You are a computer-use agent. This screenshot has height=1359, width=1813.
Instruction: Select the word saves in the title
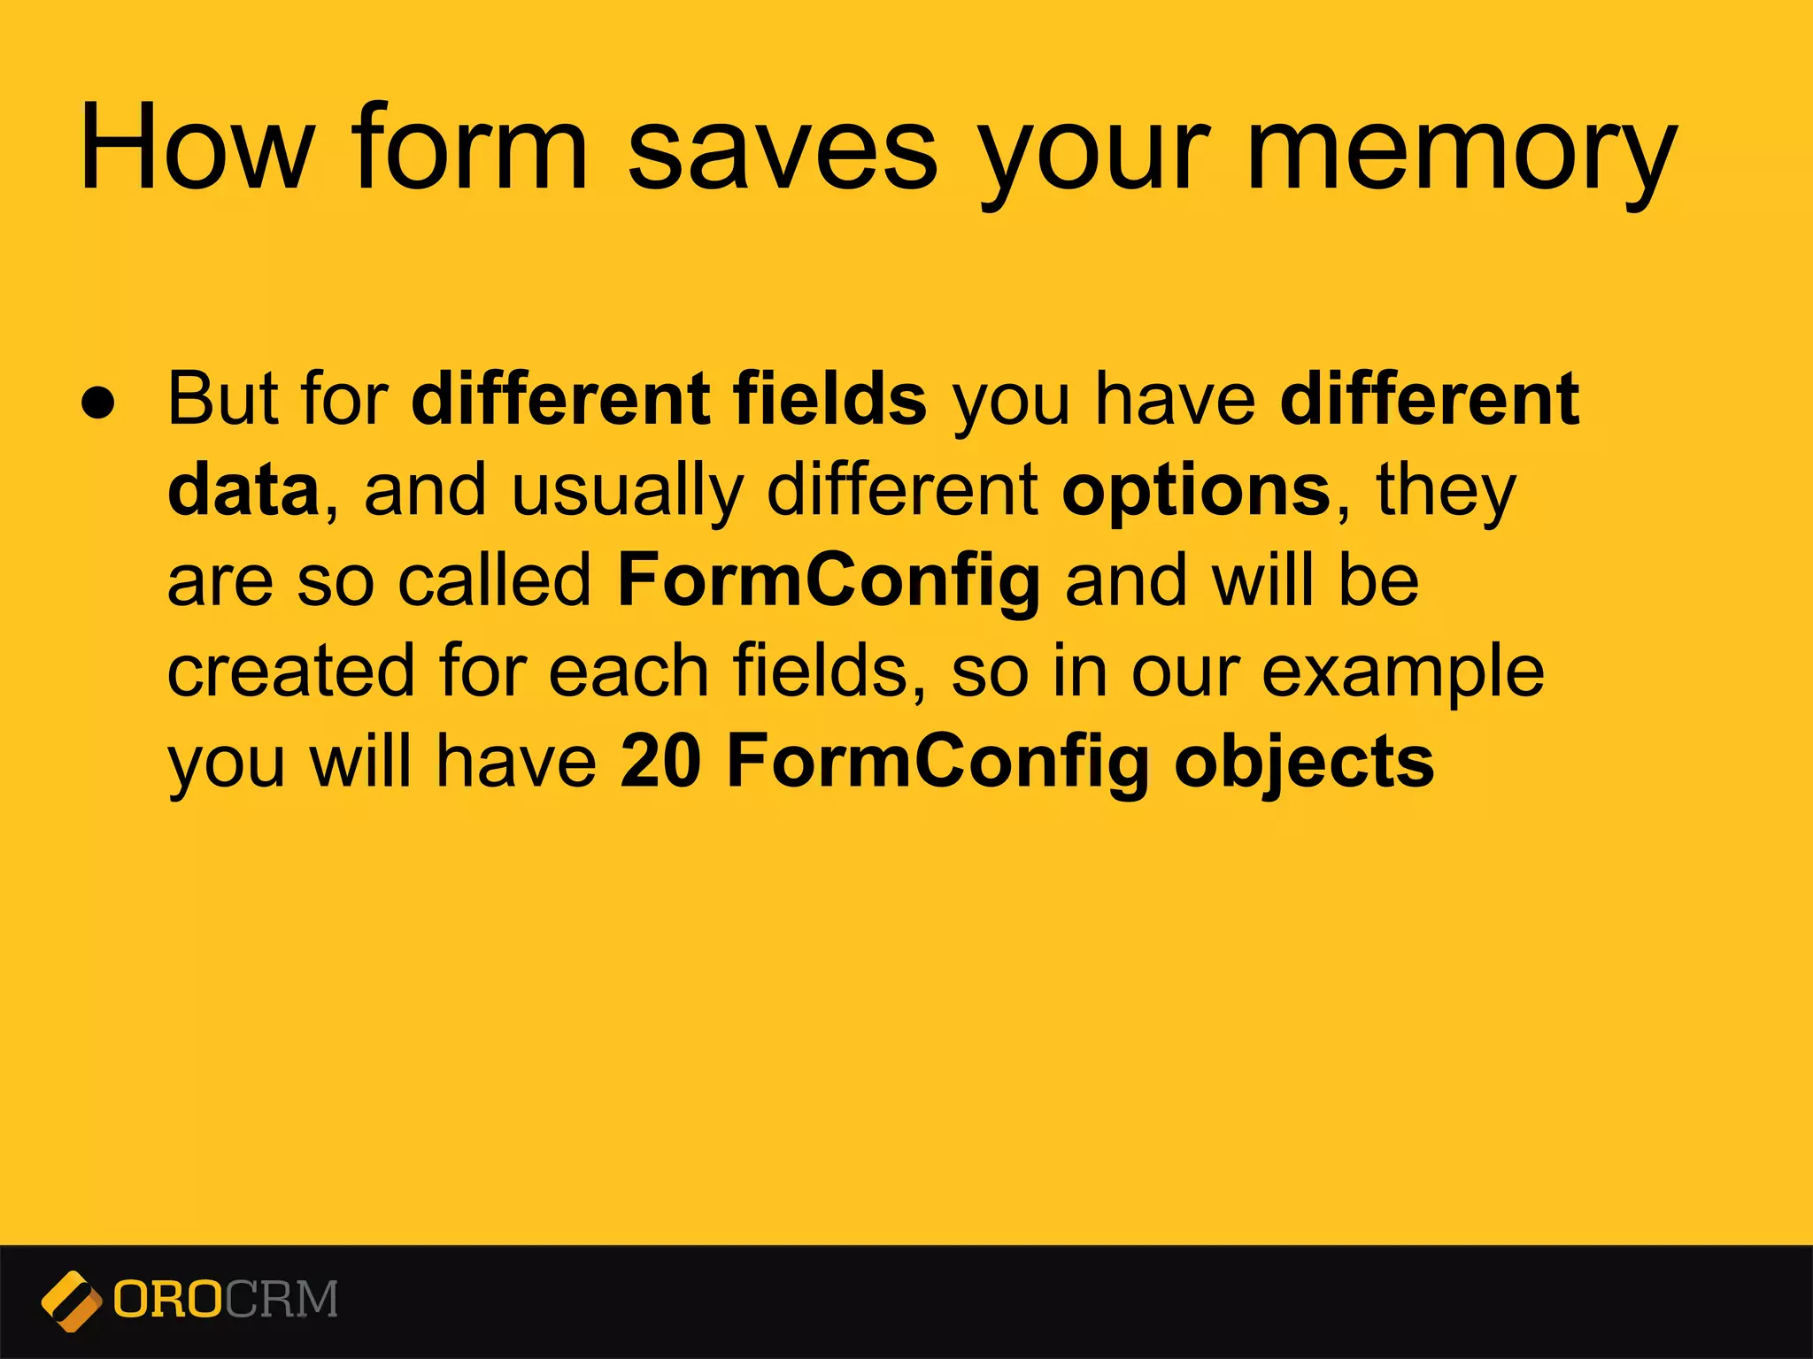[782, 149]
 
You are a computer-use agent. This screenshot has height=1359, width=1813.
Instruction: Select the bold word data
[243, 490]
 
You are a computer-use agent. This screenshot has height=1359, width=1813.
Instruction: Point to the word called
[495, 580]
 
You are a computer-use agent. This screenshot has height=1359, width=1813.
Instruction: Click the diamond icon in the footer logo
[71, 1301]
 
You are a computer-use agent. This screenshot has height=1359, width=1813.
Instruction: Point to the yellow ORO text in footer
[167, 1300]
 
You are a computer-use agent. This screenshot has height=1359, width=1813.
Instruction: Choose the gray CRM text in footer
[281, 1300]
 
